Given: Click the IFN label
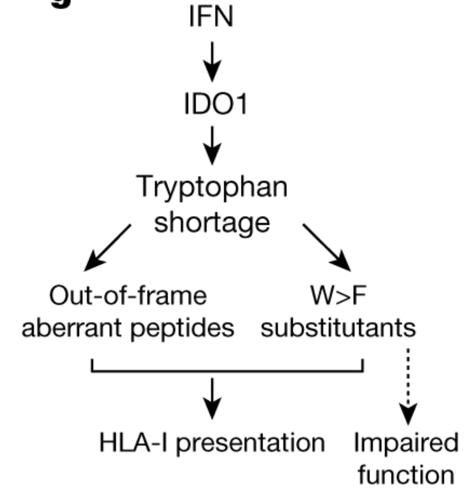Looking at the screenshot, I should click(211, 17).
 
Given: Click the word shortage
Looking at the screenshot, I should click(212, 222).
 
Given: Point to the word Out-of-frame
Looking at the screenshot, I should click(128, 296).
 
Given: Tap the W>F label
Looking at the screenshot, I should click(338, 296).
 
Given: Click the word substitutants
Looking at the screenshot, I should click(338, 328).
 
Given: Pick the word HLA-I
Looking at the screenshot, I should click(133, 443).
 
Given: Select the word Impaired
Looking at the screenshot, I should click(406, 443).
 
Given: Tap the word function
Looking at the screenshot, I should click(406, 475).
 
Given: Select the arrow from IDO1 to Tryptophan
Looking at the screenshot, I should click(212, 145).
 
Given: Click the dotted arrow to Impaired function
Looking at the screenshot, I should click(408, 386).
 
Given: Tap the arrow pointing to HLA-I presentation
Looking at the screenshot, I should click(212, 398).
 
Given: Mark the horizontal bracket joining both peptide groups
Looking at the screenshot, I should click(227, 371).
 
